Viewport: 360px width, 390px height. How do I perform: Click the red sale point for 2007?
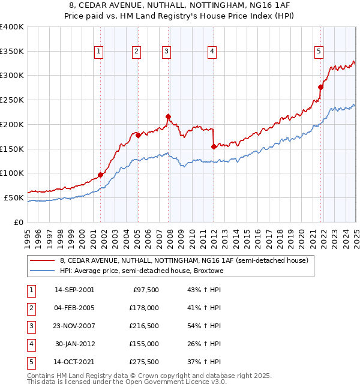coord(169,116)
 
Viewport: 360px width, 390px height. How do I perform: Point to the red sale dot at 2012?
coord(214,146)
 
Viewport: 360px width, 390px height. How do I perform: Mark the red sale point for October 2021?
coord(320,88)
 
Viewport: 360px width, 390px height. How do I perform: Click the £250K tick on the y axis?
coord(12,100)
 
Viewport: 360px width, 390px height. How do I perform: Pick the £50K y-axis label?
coord(14,197)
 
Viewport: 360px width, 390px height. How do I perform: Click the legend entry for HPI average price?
coord(142,271)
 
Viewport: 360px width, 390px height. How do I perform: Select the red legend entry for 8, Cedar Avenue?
coord(184,260)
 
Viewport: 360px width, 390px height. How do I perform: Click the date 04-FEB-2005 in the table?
coord(74,308)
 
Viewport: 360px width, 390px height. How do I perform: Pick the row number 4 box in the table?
coord(30,344)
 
